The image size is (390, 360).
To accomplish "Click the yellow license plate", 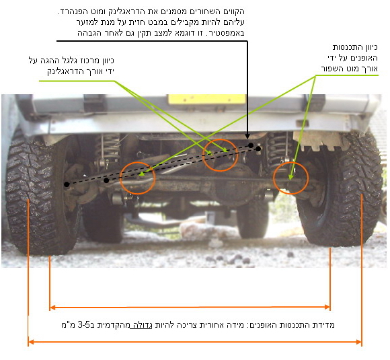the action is pos(206,99).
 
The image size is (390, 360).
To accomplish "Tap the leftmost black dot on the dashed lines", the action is pos(67,184).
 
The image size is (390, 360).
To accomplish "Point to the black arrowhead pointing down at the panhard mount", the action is pos(247,136).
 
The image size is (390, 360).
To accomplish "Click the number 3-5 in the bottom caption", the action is pos(84,324).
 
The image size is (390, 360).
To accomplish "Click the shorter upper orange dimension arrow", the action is pos(190,308).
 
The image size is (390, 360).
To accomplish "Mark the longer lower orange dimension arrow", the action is pos(195,342).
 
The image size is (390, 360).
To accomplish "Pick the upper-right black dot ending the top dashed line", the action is pos(251,145).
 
